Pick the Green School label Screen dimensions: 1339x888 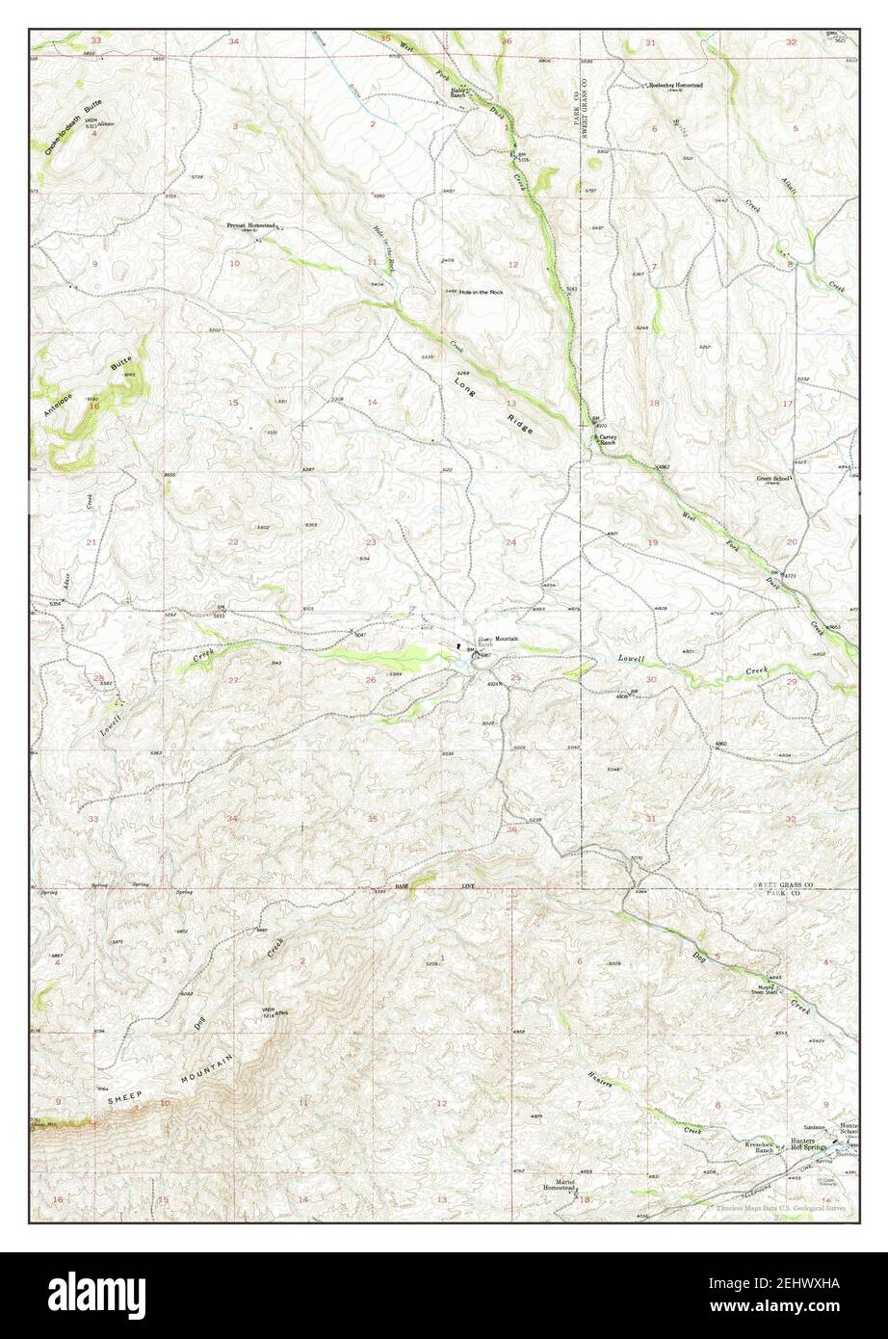pyautogui.click(x=773, y=479)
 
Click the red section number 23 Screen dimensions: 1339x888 pyautogui.click(x=370, y=542)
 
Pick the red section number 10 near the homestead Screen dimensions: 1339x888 pyautogui.click(x=234, y=263)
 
